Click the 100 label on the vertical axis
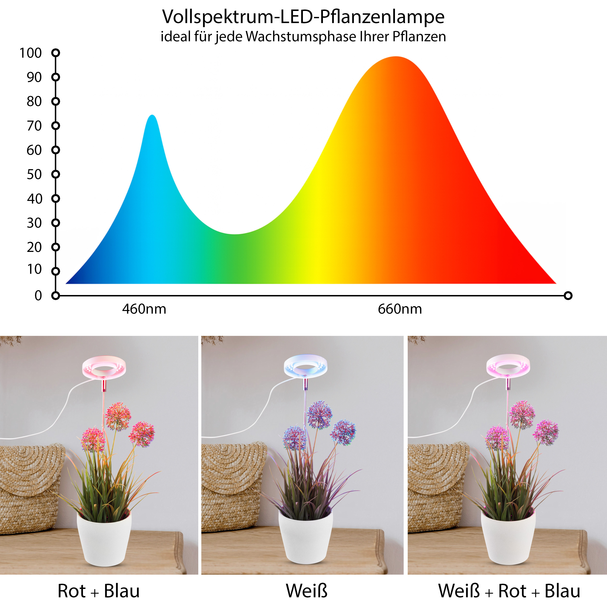[31, 53]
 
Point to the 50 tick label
[34, 174]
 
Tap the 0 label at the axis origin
[38, 296]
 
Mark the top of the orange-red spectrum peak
[396, 57]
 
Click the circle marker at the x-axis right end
[568, 295]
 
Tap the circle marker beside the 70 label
[56, 126]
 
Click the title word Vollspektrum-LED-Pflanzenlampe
[303, 17]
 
